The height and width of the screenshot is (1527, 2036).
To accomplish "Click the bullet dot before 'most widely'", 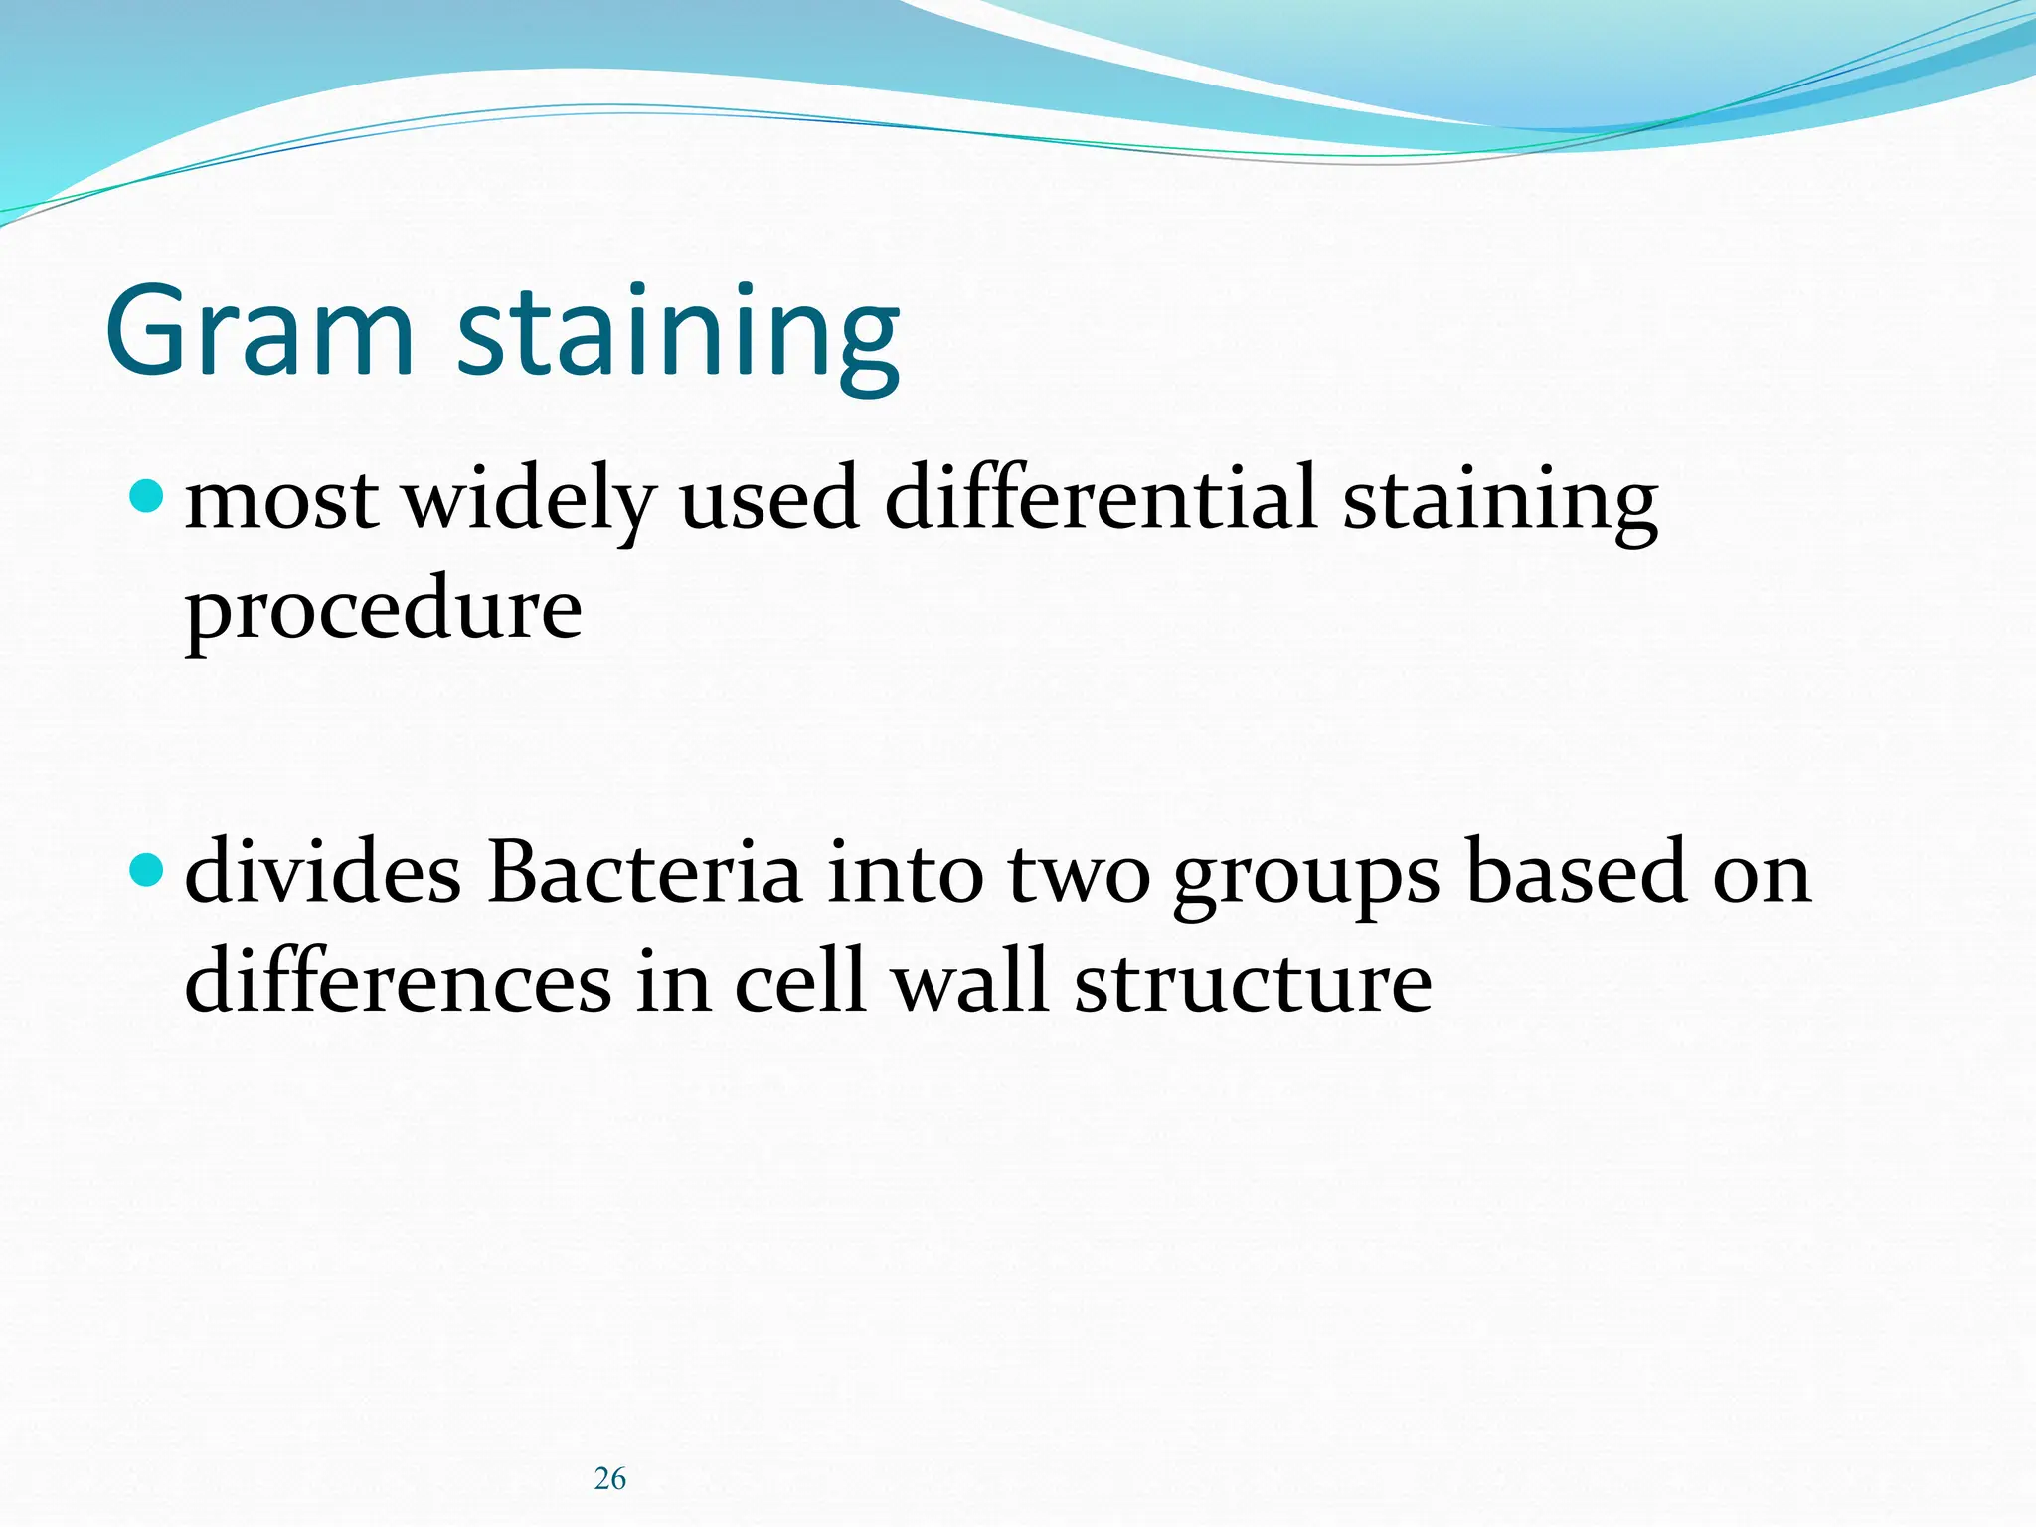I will [146, 495].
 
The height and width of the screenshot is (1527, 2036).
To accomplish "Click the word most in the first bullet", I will [281, 500].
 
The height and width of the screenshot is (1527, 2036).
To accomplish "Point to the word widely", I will [530, 502].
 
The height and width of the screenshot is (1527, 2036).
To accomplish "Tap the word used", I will [768, 500].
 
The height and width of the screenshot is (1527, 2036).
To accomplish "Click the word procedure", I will [384, 611].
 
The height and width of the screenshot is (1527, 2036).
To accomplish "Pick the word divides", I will [323, 873].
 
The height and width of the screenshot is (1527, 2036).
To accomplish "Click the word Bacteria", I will [644, 873].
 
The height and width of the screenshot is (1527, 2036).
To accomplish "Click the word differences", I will [398, 982].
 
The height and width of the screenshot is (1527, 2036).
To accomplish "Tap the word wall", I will [970, 982].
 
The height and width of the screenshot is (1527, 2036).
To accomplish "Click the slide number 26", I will [609, 1479].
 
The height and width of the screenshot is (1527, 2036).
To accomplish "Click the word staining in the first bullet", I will [1500, 502].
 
